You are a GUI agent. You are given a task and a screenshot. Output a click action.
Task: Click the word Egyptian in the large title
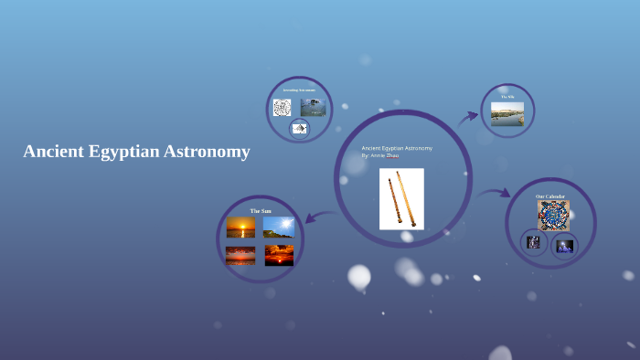tap(122, 153)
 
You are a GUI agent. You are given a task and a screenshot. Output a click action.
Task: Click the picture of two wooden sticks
tap(401, 198)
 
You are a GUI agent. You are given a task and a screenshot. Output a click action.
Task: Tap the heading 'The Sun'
tap(261, 211)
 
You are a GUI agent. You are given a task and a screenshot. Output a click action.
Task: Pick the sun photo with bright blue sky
tap(279, 227)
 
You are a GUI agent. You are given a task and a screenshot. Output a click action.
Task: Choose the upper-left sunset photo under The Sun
tap(241, 227)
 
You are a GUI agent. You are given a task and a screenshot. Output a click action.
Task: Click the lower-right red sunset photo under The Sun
tap(279, 254)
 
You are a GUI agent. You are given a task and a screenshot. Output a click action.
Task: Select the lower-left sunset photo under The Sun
tap(241, 255)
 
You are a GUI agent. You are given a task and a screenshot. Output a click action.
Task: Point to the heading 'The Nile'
tap(507, 96)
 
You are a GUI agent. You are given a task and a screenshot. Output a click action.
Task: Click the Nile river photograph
tap(507, 113)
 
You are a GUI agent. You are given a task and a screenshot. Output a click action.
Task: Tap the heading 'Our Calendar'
tap(550, 196)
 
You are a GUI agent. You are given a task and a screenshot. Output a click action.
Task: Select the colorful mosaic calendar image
tap(553, 216)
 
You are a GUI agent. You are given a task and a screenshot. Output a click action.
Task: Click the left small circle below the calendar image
tap(534, 242)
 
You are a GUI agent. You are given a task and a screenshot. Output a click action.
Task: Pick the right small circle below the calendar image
tap(564, 245)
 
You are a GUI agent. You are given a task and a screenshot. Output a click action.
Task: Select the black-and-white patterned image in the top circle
tap(282, 107)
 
